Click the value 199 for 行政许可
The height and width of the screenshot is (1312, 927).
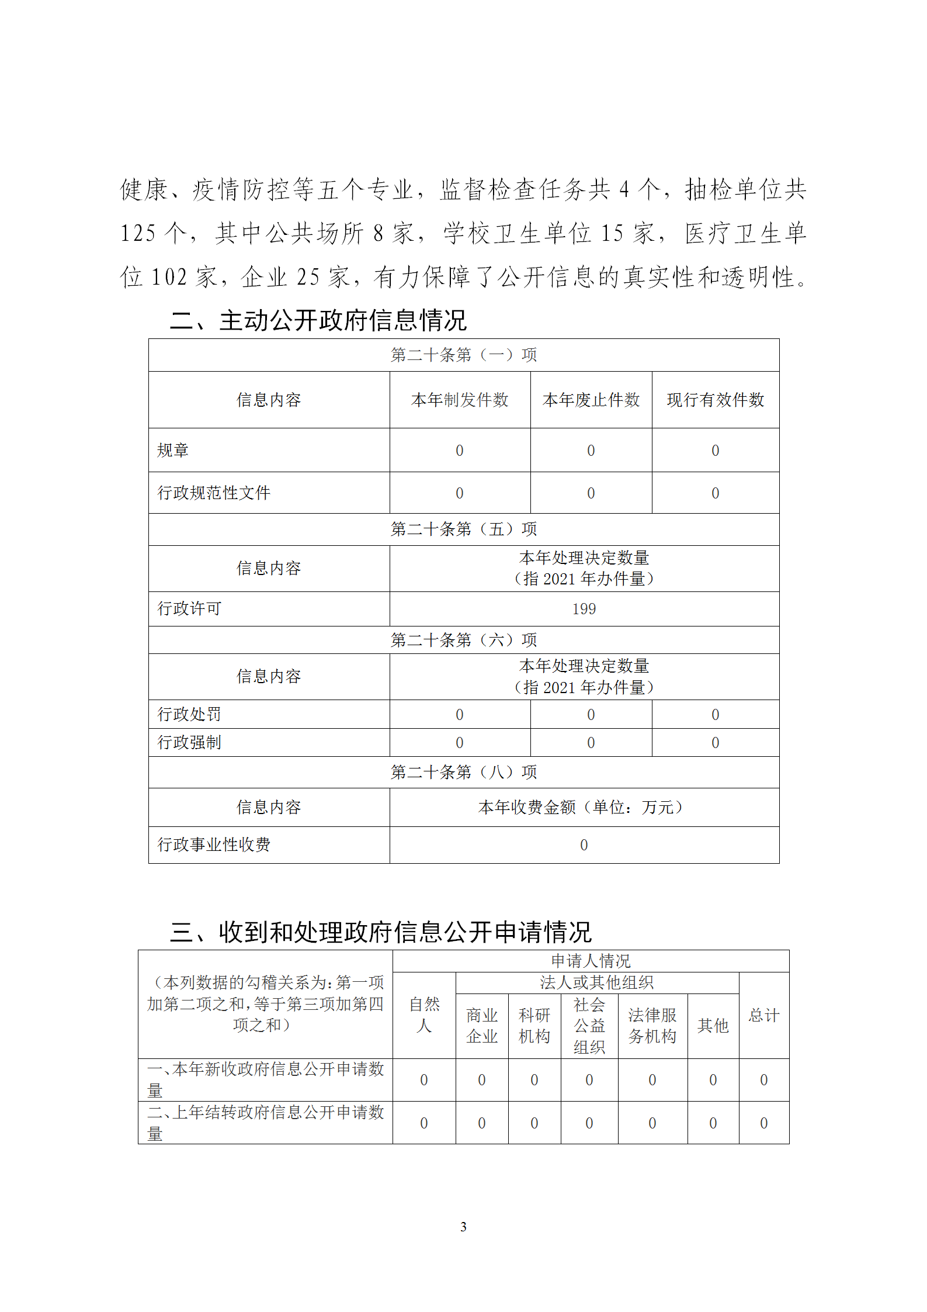(584, 609)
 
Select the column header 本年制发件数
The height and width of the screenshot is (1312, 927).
(460, 400)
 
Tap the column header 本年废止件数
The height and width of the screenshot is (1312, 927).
(591, 400)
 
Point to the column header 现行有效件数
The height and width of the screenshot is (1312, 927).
(716, 400)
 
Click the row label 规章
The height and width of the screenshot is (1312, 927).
(173, 450)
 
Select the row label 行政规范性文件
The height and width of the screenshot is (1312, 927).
(214, 493)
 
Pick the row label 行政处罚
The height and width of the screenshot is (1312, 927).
(189, 714)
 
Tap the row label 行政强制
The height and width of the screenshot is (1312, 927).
(189, 742)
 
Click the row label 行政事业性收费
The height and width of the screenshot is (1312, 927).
(214, 844)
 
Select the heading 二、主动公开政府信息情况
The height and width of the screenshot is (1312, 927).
(318, 320)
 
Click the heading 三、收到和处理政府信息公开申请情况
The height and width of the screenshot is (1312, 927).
(381, 932)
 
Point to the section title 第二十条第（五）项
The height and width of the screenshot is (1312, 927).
(464, 529)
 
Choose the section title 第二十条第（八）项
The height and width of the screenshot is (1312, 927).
(464, 772)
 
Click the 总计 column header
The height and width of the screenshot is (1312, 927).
(763, 1015)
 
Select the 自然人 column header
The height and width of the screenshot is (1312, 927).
(424, 1015)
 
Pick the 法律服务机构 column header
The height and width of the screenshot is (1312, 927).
(652, 1026)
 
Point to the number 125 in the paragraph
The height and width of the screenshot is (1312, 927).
(138, 233)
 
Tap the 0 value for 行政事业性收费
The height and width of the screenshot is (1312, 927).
(584, 844)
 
